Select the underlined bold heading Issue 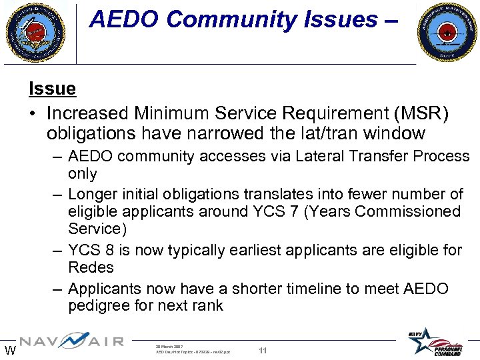pyautogui.click(x=52, y=88)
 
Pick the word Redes pyautogui.click(x=91, y=267)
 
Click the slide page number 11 pyautogui.click(x=263, y=351)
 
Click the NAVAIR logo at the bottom pyautogui.click(x=71, y=342)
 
